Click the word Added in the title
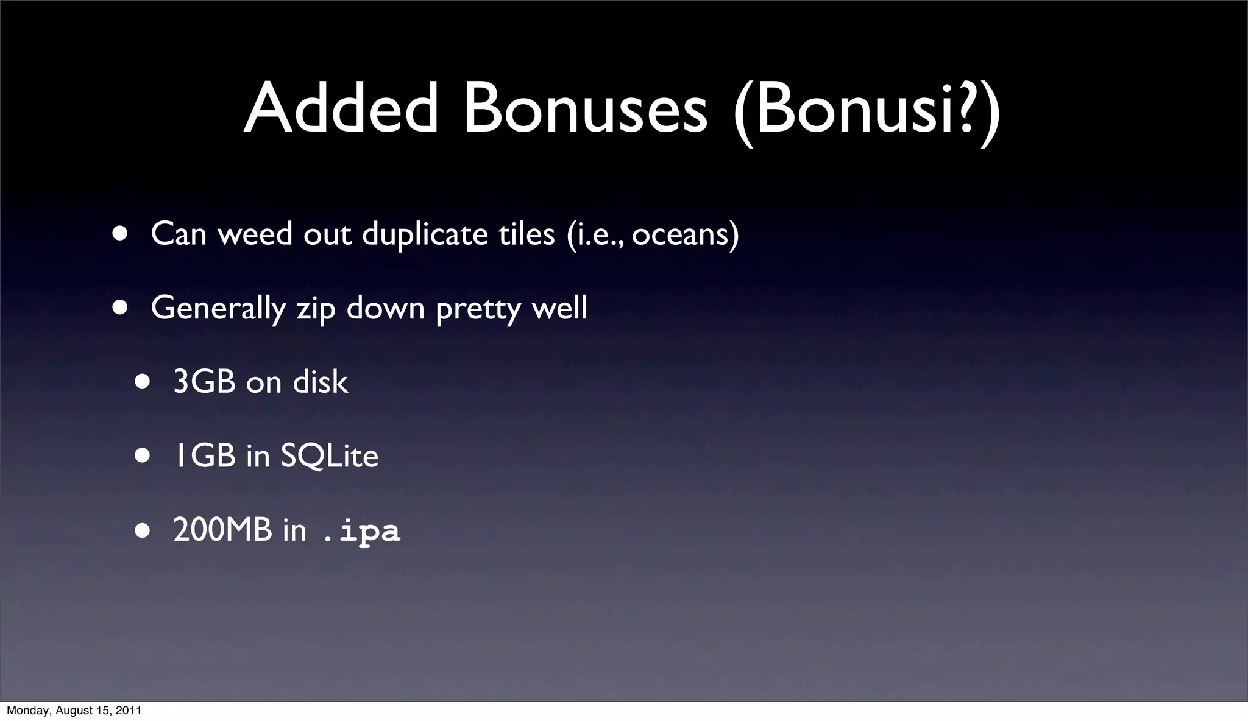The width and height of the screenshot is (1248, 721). (340, 108)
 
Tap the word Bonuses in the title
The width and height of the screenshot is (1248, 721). (585, 108)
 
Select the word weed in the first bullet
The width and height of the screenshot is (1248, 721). (255, 234)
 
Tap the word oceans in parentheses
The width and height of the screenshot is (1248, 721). (681, 235)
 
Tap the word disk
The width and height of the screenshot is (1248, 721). (321, 382)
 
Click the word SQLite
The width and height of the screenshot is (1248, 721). (329, 456)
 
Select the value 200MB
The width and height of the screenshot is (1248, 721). (222, 530)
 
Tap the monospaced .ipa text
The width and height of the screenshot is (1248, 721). (361, 531)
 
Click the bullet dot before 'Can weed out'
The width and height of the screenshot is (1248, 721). (120, 234)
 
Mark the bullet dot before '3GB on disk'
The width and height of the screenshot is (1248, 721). (143, 382)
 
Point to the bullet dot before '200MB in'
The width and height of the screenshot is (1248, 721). (143, 530)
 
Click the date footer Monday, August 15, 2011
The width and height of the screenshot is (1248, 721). (74, 711)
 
